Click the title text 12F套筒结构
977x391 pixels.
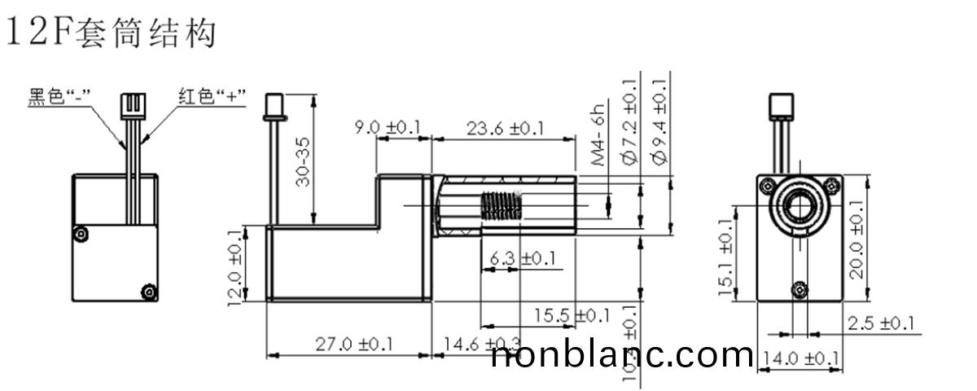click(111, 33)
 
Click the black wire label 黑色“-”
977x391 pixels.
click(59, 98)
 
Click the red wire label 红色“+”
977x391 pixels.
click(212, 98)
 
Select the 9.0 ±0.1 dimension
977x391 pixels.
click(388, 128)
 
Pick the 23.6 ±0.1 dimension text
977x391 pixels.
click(505, 128)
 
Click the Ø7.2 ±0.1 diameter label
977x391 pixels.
click(629, 122)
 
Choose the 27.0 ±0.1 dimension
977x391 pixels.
click(353, 344)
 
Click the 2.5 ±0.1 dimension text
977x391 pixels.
click(879, 323)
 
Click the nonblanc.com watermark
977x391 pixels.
click(623, 355)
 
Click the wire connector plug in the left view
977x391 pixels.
click(131, 105)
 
